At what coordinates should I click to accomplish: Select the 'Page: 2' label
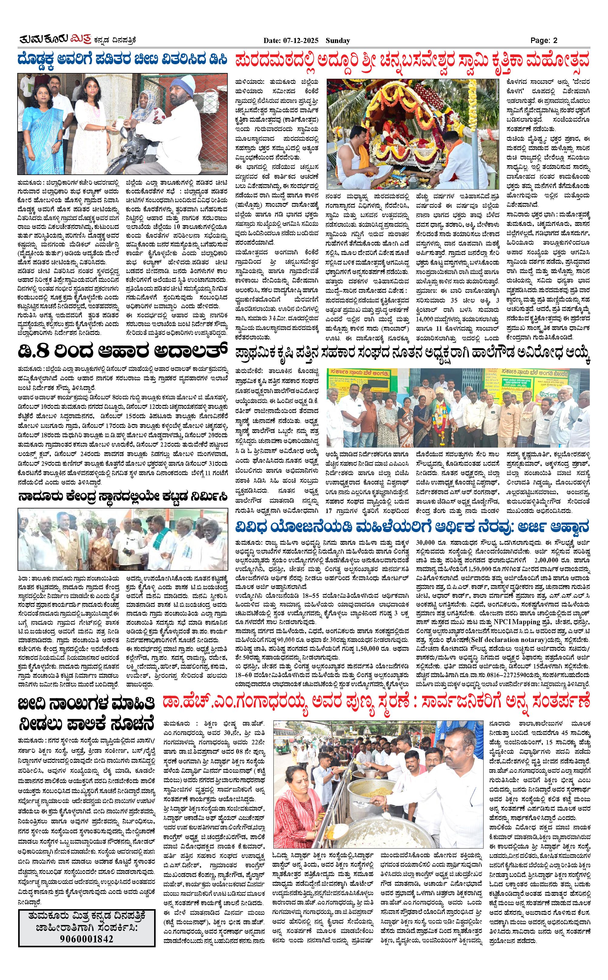pos(544,40)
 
